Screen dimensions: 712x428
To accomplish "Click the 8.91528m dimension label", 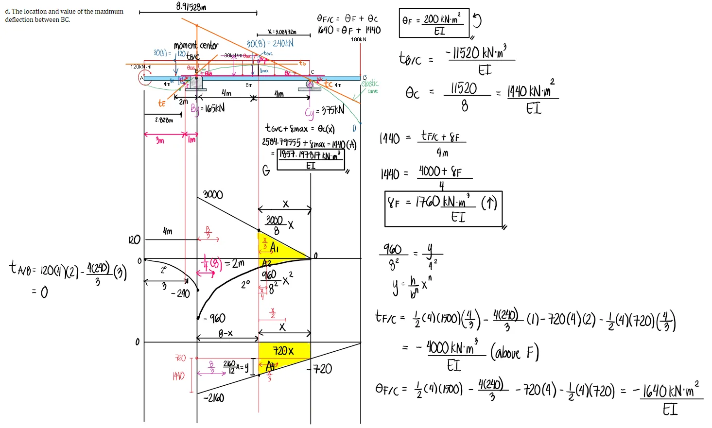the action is pos(191,6).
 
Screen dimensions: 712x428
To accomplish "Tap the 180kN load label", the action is pos(359,39).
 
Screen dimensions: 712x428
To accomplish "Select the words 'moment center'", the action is pos(196,46).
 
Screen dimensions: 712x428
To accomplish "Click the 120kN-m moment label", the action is pos(141,67).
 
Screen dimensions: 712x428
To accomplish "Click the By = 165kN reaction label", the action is pos(208,108).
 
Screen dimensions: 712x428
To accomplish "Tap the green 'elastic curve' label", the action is pos(371,86).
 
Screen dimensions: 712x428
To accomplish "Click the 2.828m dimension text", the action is pos(164,120).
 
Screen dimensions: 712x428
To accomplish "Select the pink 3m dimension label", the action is pos(160,141).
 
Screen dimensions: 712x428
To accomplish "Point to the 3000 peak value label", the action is pos(213,195).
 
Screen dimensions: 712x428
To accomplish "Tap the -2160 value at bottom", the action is pos(213,398).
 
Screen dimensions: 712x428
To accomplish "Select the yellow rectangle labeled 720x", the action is pos(284,351).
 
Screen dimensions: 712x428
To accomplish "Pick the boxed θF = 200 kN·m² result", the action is pos(434,23).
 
